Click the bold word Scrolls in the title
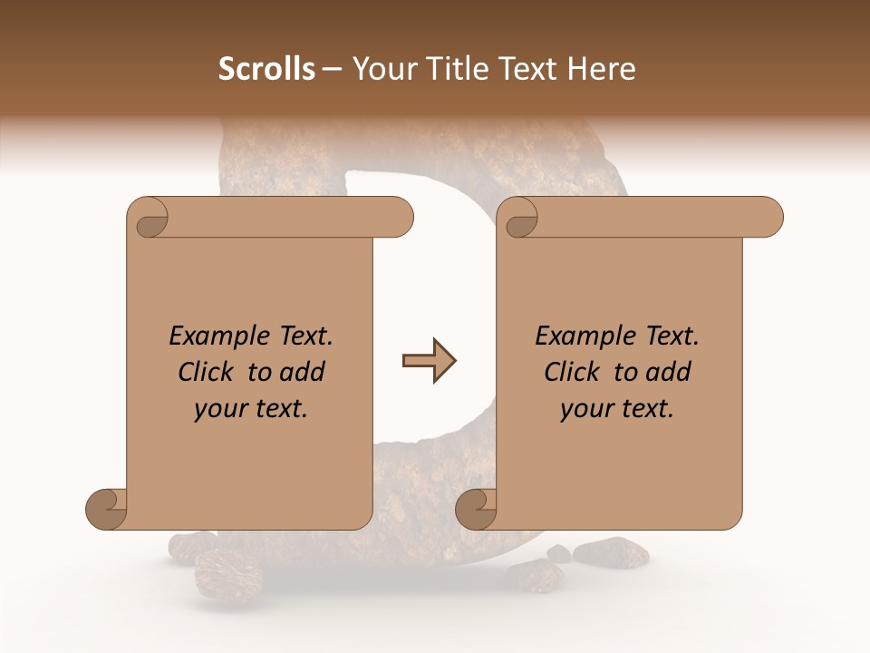tap(266, 69)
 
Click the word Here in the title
tap(602, 69)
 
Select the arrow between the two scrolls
tap(429, 362)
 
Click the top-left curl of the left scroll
tap(149, 219)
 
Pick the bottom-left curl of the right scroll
tap(476, 509)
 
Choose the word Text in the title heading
tap(526, 69)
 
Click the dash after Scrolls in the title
tap(332, 70)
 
